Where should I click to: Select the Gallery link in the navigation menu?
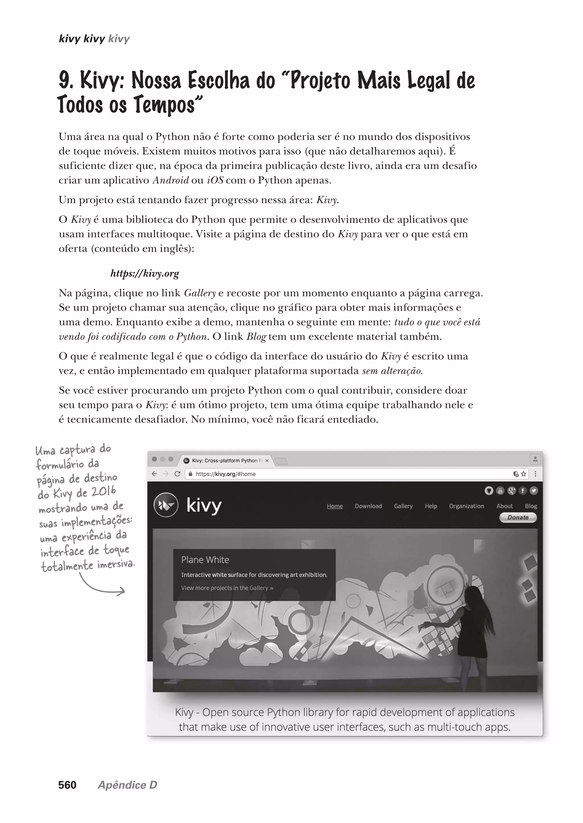[403, 506]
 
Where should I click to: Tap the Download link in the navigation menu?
[368, 506]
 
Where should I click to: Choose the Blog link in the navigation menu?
[531, 506]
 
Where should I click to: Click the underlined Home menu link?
[334, 506]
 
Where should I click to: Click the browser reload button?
[177, 474]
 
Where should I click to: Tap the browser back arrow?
[154, 474]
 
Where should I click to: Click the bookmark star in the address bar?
[524, 474]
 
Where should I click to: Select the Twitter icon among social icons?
[533, 491]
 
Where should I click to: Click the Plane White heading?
[205, 559]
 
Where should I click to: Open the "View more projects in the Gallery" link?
[227, 588]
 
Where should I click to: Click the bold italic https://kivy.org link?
[144, 273]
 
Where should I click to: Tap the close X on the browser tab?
[267, 460]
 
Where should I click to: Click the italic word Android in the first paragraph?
[171, 180]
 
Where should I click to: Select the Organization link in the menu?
[466, 506]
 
